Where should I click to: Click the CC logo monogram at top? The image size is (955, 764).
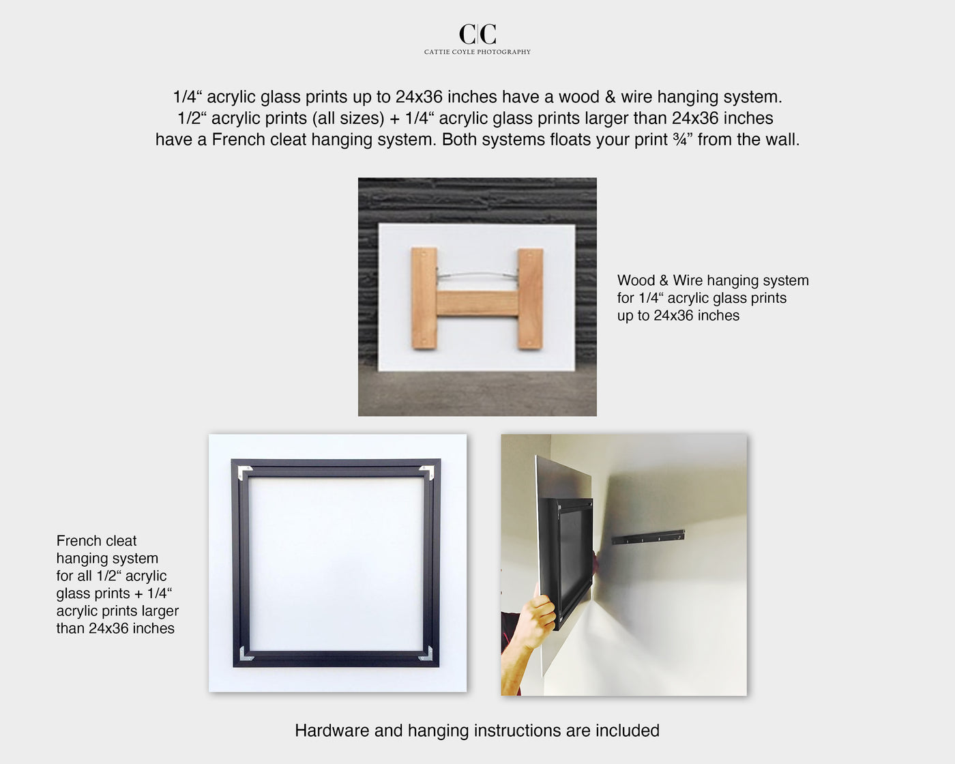pos(477,33)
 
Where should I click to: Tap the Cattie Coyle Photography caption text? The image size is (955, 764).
pos(477,52)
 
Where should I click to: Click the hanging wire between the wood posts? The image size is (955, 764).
pos(477,274)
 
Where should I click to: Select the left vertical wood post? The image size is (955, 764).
pos(424,299)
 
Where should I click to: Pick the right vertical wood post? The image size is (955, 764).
pos(530,299)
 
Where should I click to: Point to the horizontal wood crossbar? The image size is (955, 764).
pos(477,304)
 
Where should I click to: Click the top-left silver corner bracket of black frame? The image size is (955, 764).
pos(244,471)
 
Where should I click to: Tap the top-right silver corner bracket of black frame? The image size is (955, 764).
pos(427,471)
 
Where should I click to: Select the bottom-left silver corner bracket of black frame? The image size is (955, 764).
pos(245,655)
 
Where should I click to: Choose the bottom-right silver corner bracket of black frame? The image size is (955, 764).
pos(426,655)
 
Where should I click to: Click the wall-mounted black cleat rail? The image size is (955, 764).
pos(648,537)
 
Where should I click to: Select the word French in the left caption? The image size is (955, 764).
pos(78,541)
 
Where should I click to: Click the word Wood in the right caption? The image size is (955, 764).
pos(636,280)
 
